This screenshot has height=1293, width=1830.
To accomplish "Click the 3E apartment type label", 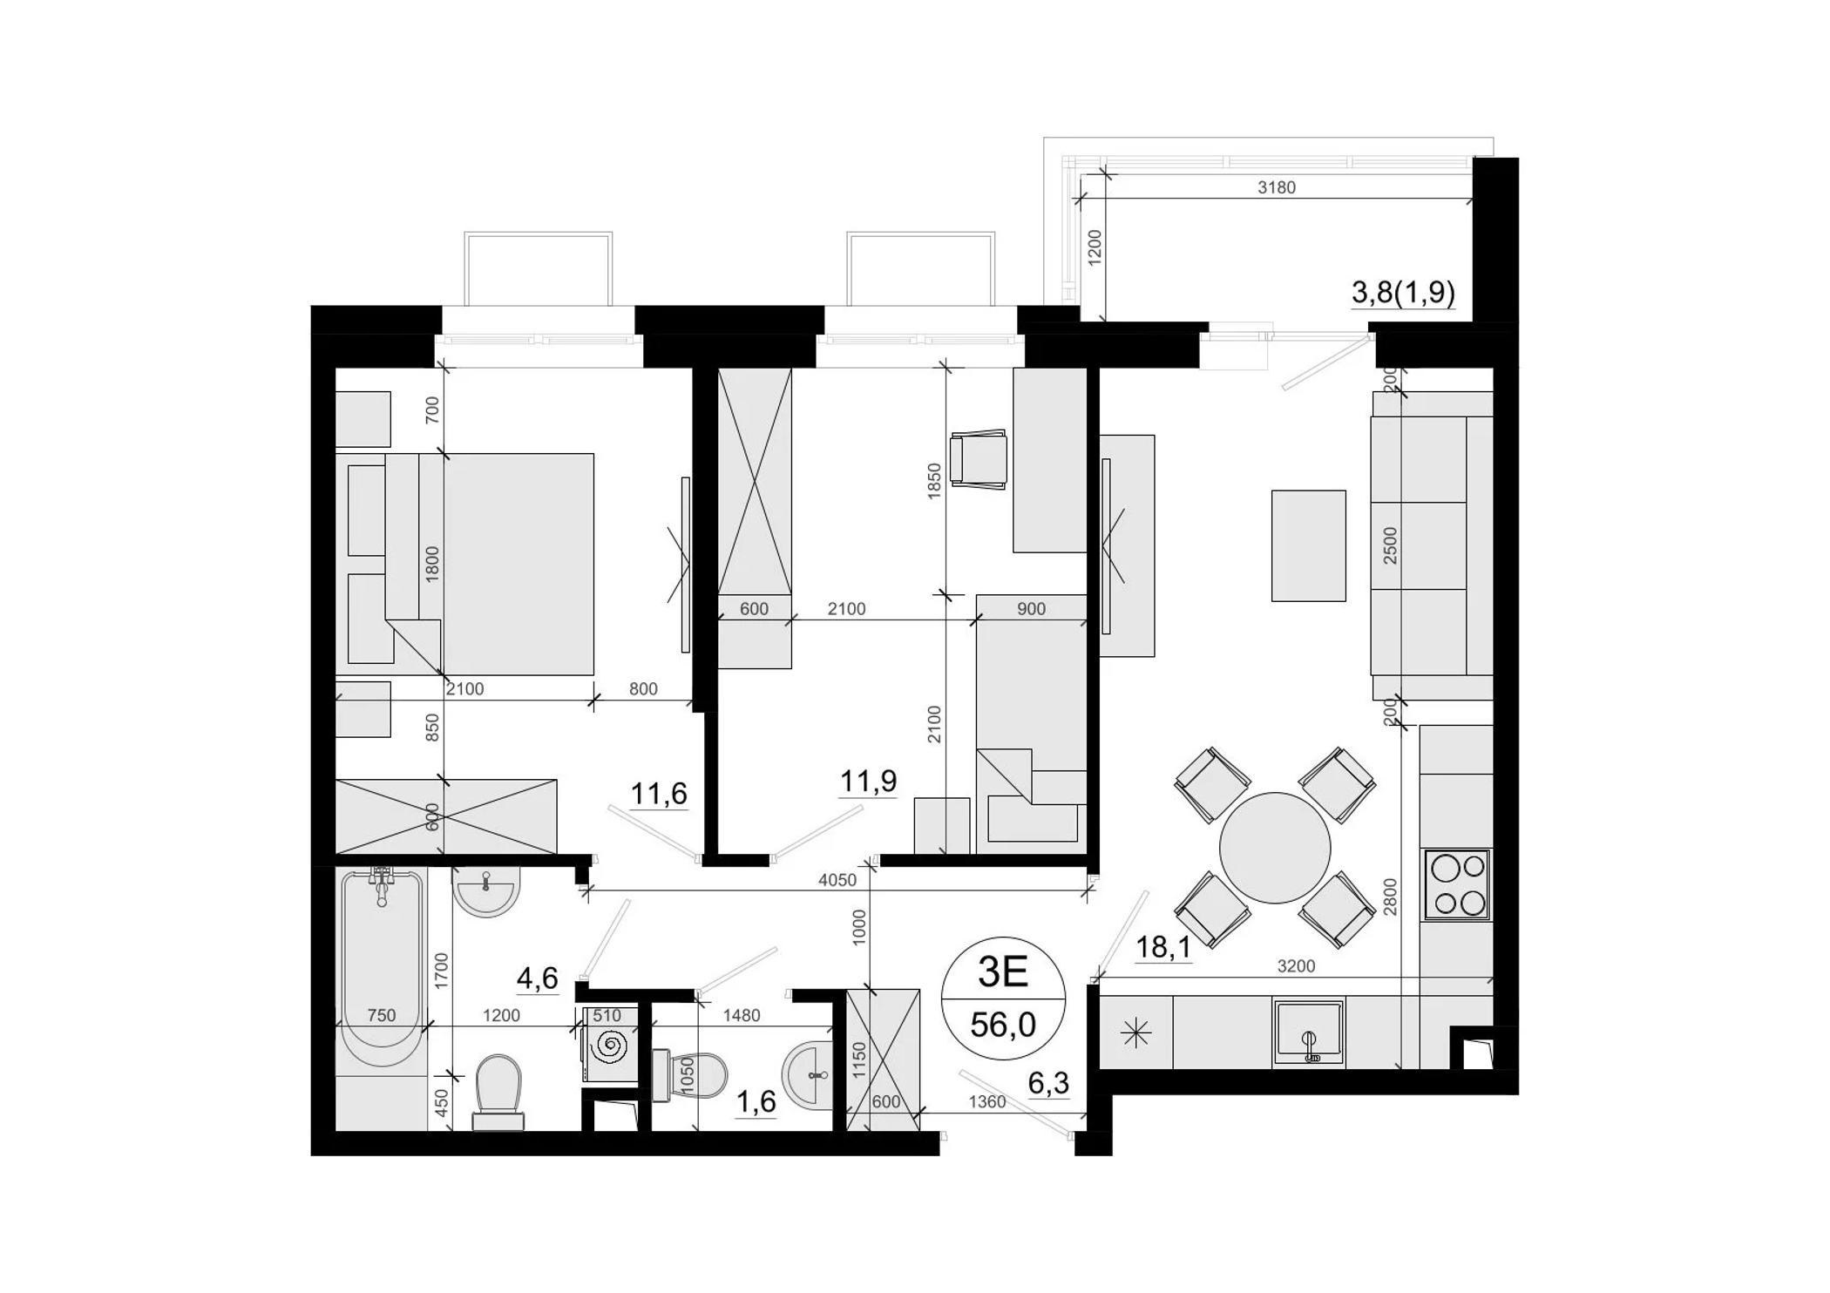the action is [1003, 972].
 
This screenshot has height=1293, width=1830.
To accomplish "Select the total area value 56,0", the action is [1003, 1026].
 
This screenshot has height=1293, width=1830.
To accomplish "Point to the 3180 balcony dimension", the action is [1277, 187].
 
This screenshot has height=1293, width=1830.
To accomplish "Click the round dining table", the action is [1275, 848].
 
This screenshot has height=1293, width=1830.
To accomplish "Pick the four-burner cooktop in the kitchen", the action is [1457, 884].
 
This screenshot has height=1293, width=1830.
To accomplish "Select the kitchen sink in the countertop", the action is [1308, 1033].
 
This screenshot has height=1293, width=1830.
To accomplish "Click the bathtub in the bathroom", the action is [382, 967].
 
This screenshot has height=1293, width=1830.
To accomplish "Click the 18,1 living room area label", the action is [1163, 946].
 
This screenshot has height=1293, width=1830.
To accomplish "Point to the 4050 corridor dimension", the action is [837, 880].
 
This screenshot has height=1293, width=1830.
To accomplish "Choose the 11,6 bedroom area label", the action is [659, 794].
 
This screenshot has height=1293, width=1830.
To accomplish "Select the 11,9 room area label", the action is [868, 781].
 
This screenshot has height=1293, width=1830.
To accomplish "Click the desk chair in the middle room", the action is [979, 459].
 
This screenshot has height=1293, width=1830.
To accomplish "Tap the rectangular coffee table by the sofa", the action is [1308, 545].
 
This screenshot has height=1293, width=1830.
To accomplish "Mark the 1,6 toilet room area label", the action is [756, 1102].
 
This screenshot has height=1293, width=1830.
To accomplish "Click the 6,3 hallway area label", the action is [1048, 1083].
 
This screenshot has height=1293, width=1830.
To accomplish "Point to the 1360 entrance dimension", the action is [987, 1102].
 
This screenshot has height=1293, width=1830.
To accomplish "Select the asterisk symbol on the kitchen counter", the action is [1136, 1033].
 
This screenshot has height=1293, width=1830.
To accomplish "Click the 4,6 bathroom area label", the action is [538, 978].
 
